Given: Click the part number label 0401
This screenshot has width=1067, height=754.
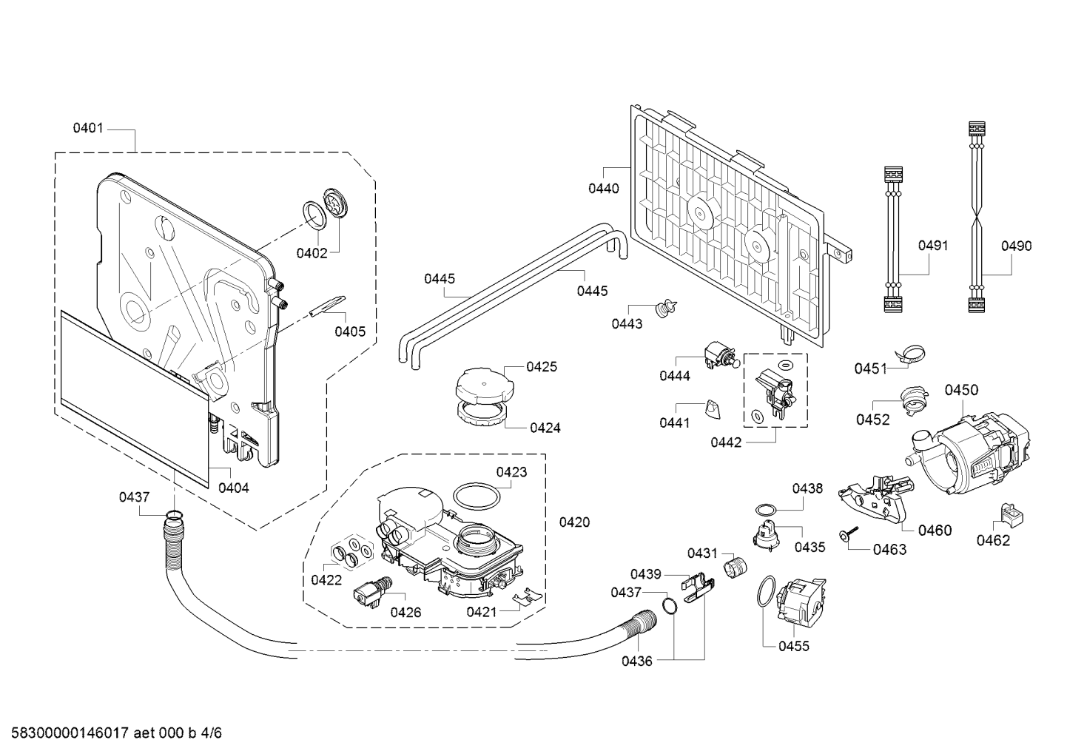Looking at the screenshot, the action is (x=87, y=128).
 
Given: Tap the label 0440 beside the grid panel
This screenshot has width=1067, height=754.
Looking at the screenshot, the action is (x=604, y=189).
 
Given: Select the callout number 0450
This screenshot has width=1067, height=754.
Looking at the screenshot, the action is (x=961, y=390).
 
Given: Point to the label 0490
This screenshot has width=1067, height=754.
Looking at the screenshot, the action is (x=1016, y=246).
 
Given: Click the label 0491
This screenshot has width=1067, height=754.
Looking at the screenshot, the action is (x=933, y=246).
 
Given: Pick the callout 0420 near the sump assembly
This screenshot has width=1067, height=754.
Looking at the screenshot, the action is (x=574, y=522).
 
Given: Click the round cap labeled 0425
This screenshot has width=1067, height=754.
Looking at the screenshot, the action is (x=485, y=385).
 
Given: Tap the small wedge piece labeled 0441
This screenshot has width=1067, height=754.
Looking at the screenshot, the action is (x=712, y=409).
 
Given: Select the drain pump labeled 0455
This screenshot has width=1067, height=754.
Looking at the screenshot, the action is (x=801, y=601).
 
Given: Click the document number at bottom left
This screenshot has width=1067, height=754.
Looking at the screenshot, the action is (x=117, y=733).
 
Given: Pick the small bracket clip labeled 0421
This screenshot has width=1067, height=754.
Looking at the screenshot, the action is (x=527, y=596).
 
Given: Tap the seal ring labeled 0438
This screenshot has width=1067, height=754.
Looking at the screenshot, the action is (x=766, y=509).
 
